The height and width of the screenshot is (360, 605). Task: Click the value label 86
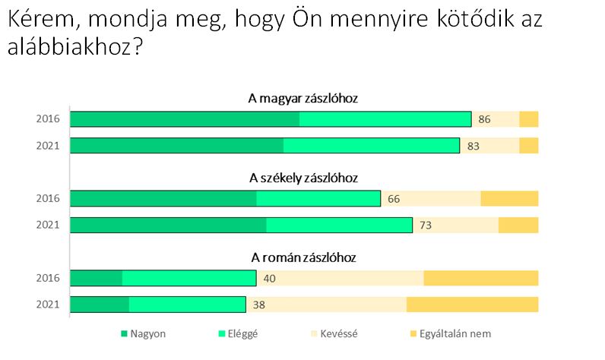pos(485,119)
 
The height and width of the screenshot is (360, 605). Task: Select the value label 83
pos(473,146)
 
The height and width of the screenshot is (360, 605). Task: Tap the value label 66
pos(394,199)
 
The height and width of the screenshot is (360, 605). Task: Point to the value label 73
pos(426,226)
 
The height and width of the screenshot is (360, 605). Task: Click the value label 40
pos(269,278)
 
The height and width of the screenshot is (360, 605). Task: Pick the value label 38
pos(259,305)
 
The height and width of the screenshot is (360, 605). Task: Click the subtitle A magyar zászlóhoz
pos(303,99)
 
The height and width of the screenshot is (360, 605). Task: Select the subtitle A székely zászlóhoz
pos(303,178)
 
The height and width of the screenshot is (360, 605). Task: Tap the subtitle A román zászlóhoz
pos(303,257)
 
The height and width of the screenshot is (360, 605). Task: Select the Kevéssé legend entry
pos(338,333)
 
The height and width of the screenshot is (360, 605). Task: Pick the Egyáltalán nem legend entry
pos(453,333)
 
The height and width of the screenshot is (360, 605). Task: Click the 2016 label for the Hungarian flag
pos(48,119)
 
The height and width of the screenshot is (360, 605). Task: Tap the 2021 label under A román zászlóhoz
pos(48,305)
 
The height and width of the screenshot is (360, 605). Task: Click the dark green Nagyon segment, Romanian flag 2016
pos(96,278)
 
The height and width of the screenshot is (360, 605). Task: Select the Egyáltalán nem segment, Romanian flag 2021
pos(472,305)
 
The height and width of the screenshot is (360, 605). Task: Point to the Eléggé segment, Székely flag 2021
pos(339,226)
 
